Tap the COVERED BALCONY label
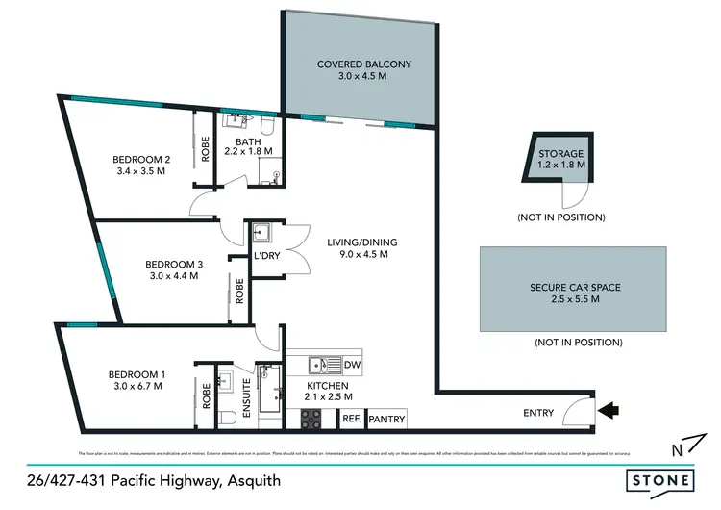pos(364,64)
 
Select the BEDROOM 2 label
pos(141,159)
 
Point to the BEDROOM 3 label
pos(174,263)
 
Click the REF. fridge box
pos(352,419)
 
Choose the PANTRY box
pos(387,419)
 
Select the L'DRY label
pos(265,256)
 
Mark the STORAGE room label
pos(561,153)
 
